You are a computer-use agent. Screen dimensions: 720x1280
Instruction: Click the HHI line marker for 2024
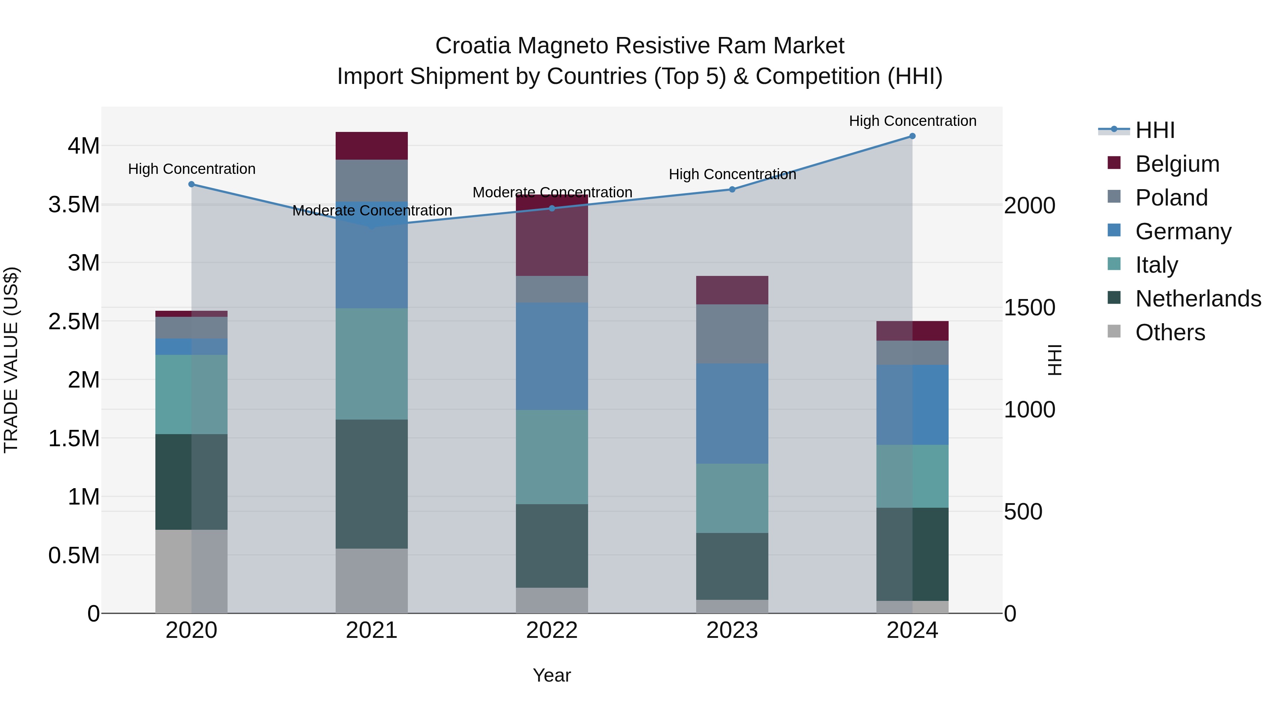(912, 136)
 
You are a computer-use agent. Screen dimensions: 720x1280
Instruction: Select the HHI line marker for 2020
(192, 184)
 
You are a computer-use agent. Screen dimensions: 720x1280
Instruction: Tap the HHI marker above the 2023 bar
(732, 189)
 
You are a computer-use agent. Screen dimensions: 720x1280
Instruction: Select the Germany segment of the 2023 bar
(732, 414)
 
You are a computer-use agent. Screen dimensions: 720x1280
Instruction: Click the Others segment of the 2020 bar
(192, 571)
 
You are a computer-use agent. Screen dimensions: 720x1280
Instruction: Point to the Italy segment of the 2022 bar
(551, 457)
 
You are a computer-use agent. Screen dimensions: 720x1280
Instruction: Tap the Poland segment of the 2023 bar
(732, 334)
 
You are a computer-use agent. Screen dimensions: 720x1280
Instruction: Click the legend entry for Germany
(1183, 231)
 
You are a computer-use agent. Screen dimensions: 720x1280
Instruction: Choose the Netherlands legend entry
(1198, 299)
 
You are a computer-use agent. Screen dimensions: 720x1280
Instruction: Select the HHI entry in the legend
(1155, 130)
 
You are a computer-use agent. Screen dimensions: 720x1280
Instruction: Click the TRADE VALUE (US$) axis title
(11, 360)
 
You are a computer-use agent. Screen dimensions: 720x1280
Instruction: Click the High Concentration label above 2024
(912, 121)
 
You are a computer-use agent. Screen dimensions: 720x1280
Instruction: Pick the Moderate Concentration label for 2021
(372, 211)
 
